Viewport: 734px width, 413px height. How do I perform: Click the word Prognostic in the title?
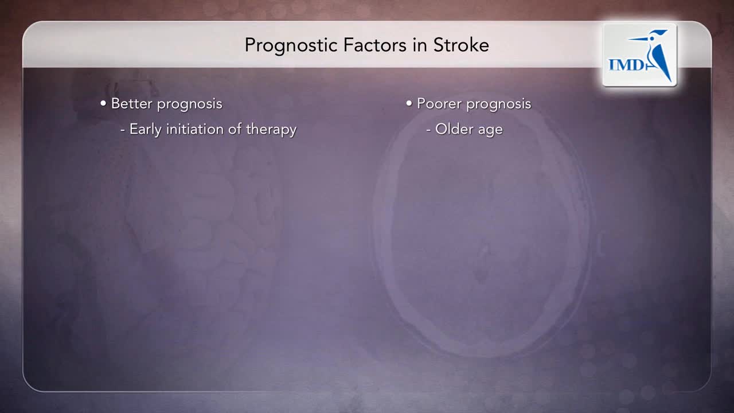[291, 46]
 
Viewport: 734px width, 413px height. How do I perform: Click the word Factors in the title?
[375, 45]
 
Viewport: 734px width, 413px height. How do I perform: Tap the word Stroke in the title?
[461, 45]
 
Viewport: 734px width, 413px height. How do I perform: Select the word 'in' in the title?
[420, 45]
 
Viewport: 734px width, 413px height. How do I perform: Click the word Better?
[132, 104]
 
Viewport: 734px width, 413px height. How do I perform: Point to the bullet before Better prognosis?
[103, 104]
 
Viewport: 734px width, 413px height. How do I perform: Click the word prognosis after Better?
[190, 105]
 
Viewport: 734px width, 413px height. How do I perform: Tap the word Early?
[146, 130]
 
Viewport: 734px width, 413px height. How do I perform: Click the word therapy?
[271, 130]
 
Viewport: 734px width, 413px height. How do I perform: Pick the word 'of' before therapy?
[235, 129]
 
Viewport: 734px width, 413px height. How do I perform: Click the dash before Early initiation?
[123, 130]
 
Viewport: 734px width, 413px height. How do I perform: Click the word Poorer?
[439, 104]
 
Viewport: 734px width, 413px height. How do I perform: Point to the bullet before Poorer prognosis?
[409, 104]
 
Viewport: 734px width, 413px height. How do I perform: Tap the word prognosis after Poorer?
[499, 105]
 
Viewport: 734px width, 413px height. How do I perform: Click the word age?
[490, 131]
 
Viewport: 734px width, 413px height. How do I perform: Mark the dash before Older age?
[428, 130]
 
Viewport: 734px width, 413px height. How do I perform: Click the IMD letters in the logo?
[627, 65]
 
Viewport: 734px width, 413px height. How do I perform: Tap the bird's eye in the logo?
[651, 39]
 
